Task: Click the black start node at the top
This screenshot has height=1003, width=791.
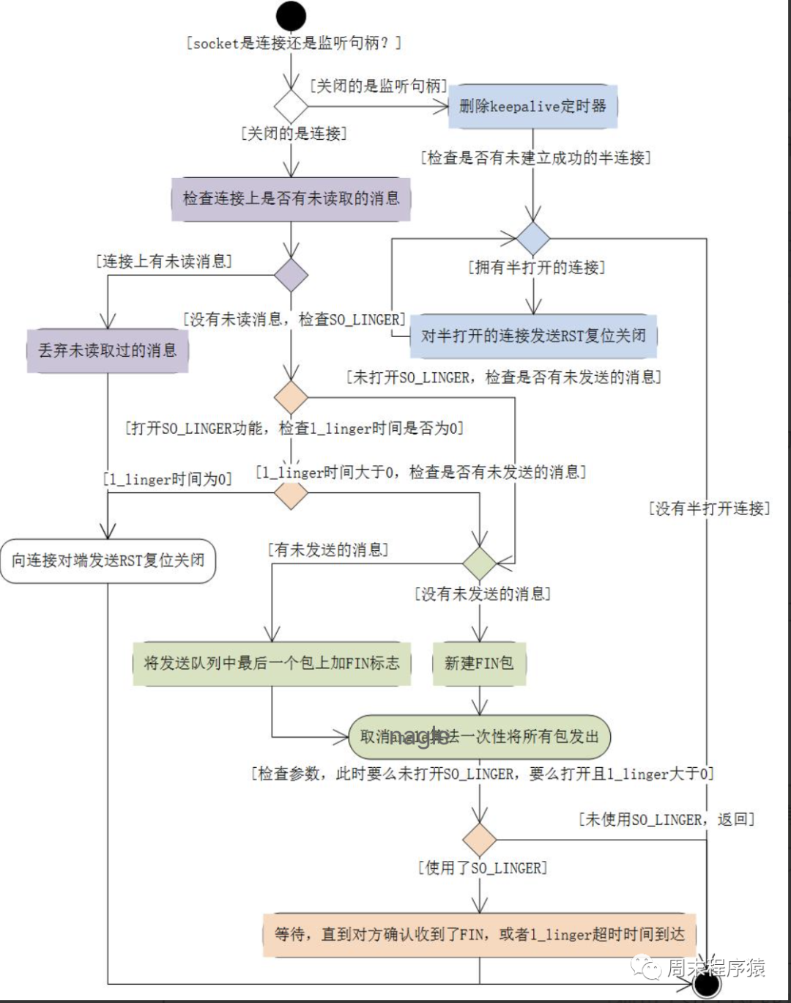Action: click(291, 16)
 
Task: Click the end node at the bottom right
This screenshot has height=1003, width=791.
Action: click(707, 985)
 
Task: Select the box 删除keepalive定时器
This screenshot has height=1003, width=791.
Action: click(532, 106)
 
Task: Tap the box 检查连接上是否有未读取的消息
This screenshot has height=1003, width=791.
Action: click(291, 199)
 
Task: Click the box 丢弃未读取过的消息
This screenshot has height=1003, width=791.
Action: click(108, 351)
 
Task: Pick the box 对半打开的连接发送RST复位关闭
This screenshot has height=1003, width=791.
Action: click(533, 336)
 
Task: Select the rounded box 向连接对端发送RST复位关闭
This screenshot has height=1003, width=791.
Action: click(108, 561)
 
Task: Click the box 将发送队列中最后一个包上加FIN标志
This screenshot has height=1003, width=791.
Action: click(272, 664)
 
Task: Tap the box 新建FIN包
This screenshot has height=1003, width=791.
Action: click(479, 664)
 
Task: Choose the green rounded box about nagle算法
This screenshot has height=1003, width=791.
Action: click(479, 737)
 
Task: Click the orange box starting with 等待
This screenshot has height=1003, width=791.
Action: click(479, 935)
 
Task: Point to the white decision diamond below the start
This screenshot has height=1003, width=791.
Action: click(291, 106)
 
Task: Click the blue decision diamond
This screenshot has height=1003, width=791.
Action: click(533, 238)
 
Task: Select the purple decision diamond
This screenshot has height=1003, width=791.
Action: click(291, 275)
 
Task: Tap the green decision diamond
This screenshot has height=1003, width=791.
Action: click(480, 563)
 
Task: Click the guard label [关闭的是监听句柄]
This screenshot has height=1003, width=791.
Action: click(378, 86)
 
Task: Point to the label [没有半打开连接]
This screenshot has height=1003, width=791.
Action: click(709, 508)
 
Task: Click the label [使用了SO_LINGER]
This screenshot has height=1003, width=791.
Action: click(483, 868)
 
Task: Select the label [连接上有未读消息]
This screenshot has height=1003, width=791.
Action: click(164, 262)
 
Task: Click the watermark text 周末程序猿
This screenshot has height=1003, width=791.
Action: click(715, 968)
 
